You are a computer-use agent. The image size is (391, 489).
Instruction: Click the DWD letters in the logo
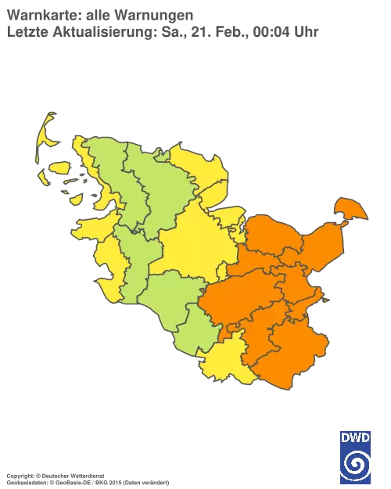click(x=356, y=437)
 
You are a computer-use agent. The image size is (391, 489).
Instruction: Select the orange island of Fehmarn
click(x=350, y=209)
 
